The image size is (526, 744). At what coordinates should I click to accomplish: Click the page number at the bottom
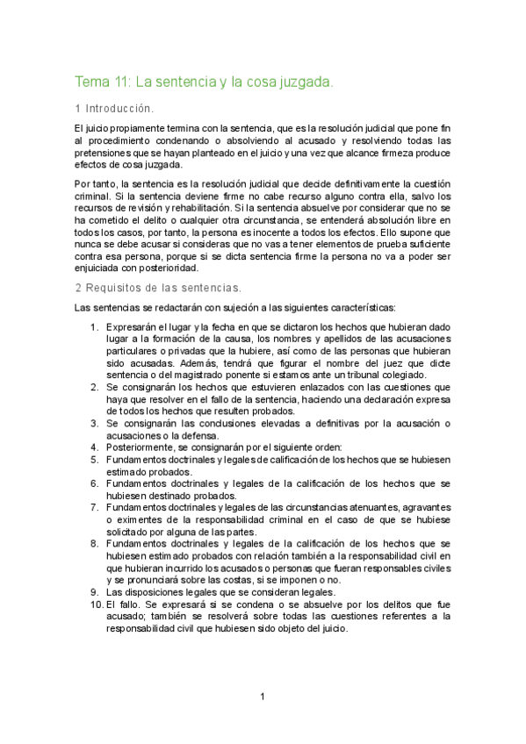pos(262,697)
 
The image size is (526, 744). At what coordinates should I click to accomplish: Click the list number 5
pos(95,459)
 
